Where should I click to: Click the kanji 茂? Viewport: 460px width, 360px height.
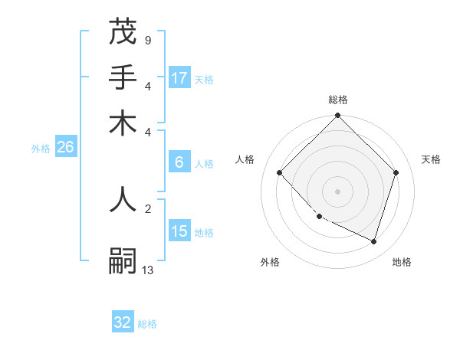(x=123, y=33)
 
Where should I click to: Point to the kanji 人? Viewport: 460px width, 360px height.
(x=123, y=198)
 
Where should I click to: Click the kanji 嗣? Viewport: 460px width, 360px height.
(x=123, y=261)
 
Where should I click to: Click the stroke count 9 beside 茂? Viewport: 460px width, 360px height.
(x=147, y=40)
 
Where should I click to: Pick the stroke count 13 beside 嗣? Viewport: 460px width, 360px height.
(x=147, y=270)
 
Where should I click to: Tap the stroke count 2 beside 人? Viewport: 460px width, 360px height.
(x=147, y=207)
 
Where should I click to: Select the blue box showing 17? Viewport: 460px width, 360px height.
(x=179, y=77)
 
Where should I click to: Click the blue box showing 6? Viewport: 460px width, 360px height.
(x=179, y=162)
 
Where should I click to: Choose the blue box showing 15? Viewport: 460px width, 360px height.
(x=179, y=231)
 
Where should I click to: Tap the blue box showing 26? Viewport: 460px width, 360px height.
(x=65, y=147)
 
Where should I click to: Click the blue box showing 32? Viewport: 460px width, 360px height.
(x=123, y=322)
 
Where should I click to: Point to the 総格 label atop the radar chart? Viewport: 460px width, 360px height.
(x=337, y=100)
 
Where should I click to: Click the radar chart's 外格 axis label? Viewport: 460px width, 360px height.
(x=270, y=262)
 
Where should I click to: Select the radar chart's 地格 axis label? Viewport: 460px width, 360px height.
(x=402, y=262)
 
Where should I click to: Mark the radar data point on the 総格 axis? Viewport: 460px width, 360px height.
(x=337, y=116)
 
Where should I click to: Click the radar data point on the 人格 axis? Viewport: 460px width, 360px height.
(x=280, y=173)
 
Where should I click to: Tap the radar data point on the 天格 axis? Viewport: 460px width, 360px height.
(x=396, y=173)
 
